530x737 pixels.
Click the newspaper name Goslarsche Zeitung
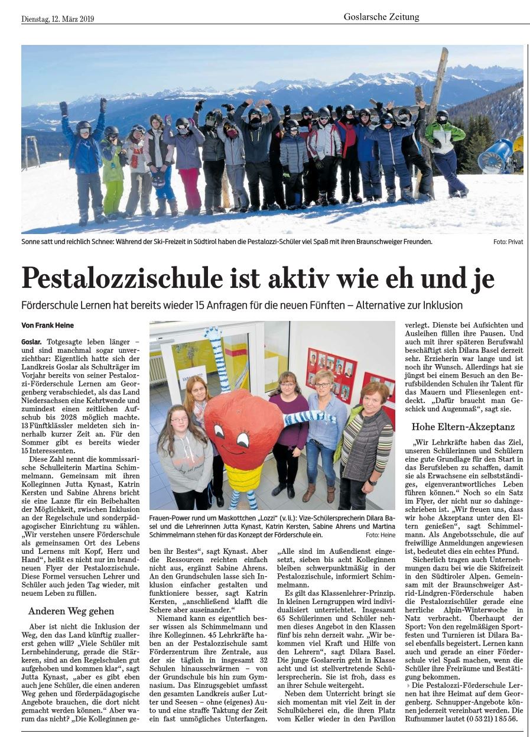tap(381, 17)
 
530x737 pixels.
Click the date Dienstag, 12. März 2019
tap(57, 18)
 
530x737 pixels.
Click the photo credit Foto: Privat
tap(508, 242)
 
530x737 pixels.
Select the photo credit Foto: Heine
tap(380, 534)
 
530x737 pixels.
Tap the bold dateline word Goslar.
tap(31, 342)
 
